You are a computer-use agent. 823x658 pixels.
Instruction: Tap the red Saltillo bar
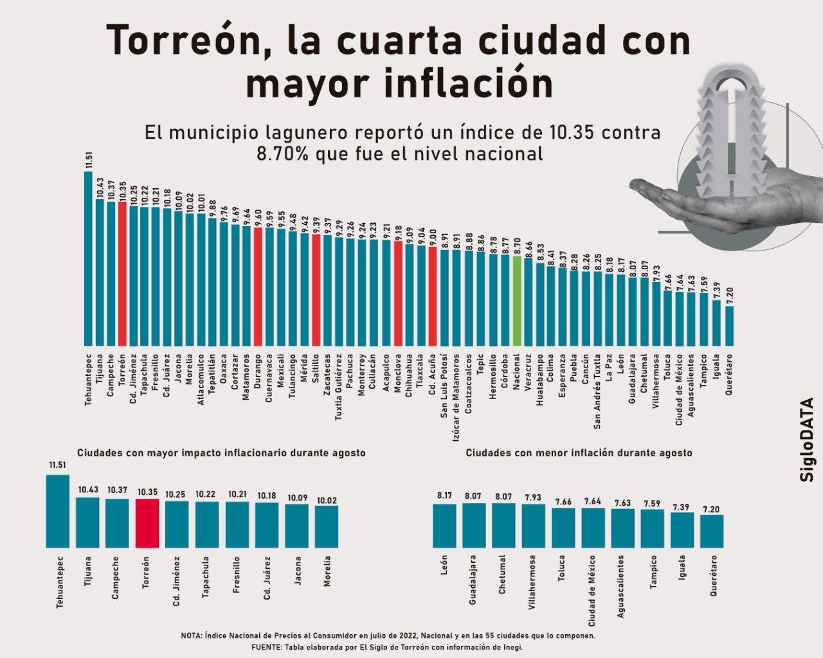click(x=316, y=290)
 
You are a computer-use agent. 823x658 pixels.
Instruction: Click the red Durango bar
click(x=258, y=287)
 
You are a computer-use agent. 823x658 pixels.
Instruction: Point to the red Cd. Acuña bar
click(x=433, y=296)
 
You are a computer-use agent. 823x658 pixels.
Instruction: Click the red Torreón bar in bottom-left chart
click(x=147, y=523)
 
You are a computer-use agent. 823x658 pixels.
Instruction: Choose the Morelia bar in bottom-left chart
click(x=327, y=527)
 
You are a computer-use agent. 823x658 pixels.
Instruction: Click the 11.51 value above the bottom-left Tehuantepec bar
click(x=58, y=465)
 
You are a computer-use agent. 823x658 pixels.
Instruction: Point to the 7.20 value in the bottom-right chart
click(x=711, y=510)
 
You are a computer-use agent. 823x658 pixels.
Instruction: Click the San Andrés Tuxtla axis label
click(x=598, y=391)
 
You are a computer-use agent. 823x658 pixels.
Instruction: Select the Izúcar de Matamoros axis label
click(x=457, y=397)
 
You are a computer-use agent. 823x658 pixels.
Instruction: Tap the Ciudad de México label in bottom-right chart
click(x=592, y=591)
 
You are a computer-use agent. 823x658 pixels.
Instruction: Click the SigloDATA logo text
click(x=808, y=440)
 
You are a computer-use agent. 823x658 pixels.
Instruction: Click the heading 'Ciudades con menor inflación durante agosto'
click(x=579, y=453)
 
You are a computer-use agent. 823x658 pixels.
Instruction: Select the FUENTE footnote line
click(x=387, y=647)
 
